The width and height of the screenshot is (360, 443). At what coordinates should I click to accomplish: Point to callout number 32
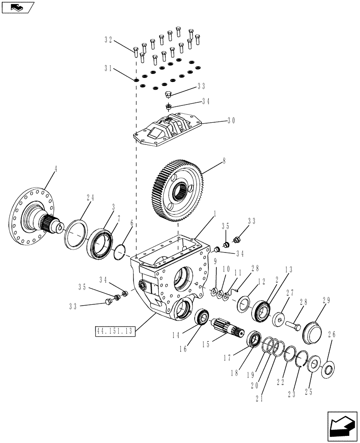(x=108, y=39)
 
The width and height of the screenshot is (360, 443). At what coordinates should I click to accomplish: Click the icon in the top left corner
(x=18, y=7)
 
